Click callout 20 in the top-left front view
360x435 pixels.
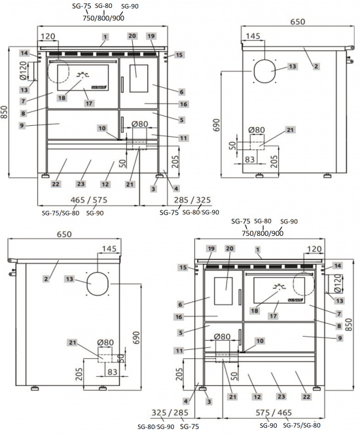coord(132,36)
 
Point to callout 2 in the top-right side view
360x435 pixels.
coord(315,66)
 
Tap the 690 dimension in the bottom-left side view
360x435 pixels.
coord(136,336)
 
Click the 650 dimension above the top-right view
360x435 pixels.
coord(297,22)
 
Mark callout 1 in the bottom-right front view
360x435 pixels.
coord(258,250)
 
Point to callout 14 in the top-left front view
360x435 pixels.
coord(24,52)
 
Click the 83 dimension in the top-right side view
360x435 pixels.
coord(249,159)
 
